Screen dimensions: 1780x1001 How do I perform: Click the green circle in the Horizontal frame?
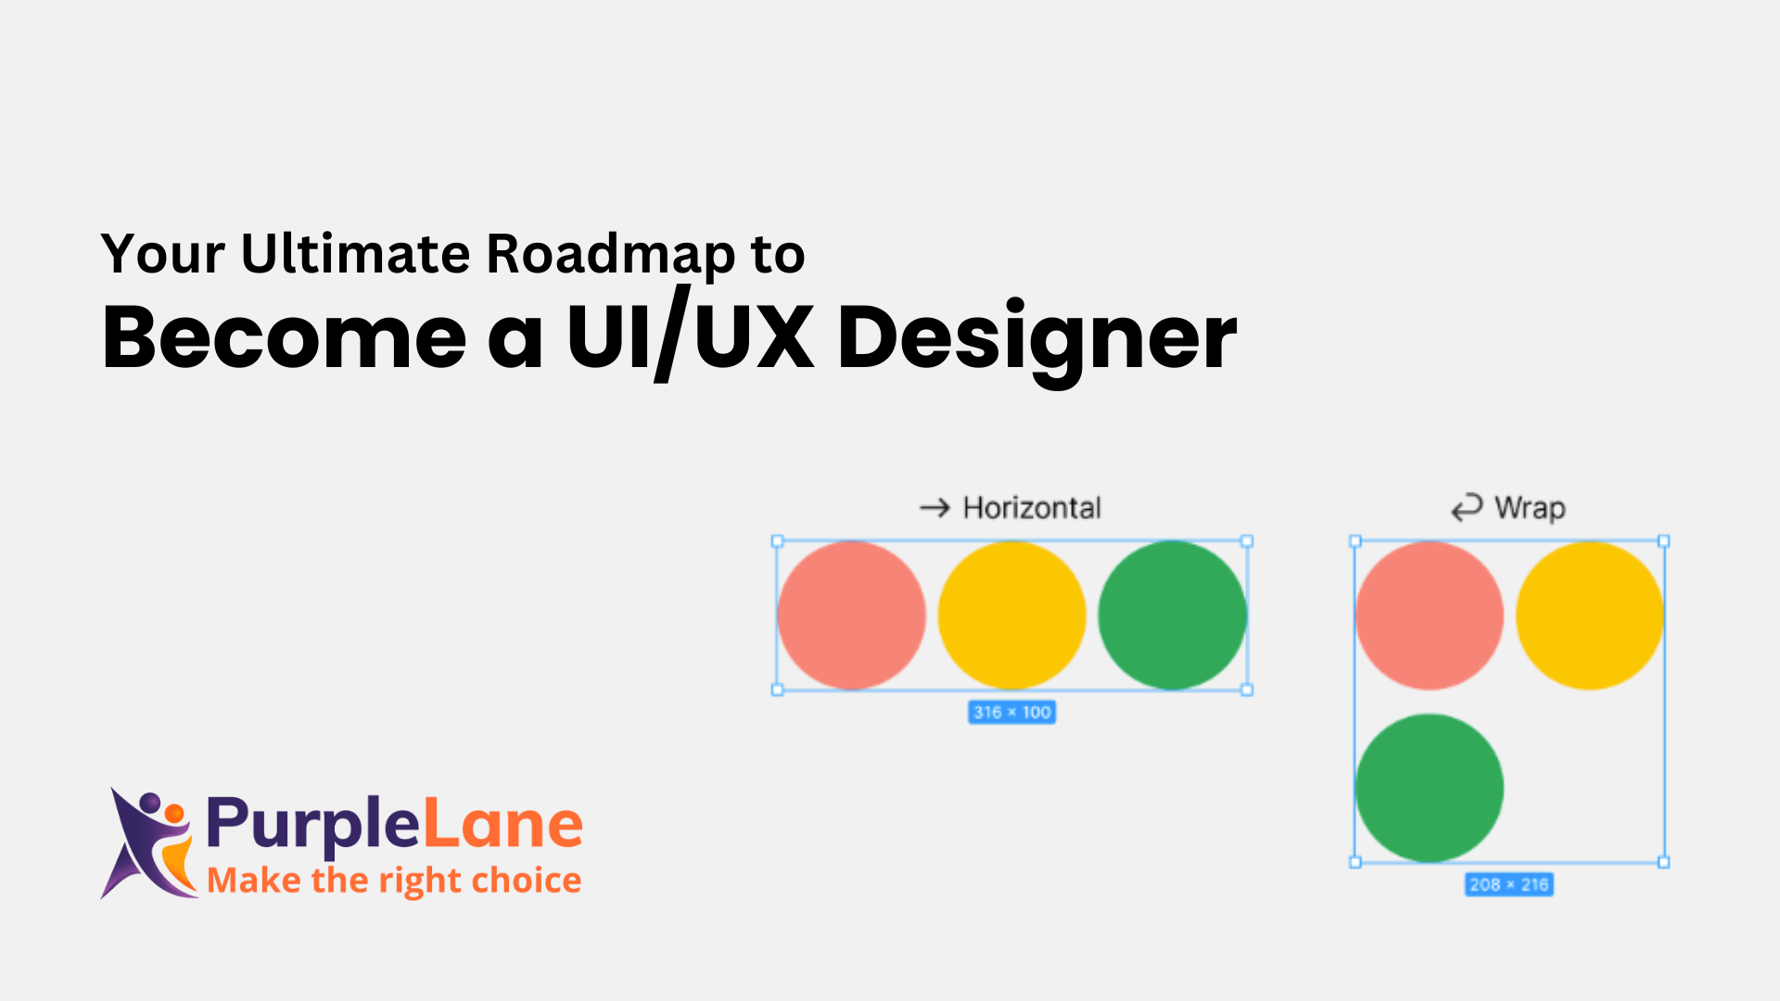pyautogui.click(x=1173, y=615)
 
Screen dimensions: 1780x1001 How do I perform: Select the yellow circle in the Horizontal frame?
pyautogui.click(x=1012, y=615)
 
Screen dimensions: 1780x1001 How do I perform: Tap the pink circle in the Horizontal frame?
pyautogui.click(x=852, y=615)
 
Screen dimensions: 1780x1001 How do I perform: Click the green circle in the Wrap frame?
pyautogui.click(x=1430, y=788)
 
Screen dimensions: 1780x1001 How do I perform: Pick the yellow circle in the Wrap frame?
pyautogui.click(x=1590, y=615)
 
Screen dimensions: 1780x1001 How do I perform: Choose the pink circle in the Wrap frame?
pyautogui.click(x=1430, y=615)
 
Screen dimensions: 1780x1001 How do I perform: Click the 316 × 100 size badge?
pyautogui.click(x=1011, y=712)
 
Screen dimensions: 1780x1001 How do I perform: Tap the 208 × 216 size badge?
pyautogui.click(x=1509, y=884)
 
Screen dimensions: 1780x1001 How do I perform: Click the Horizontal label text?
pyautogui.click(x=1032, y=508)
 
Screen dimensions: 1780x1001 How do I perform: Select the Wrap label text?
pyautogui.click(x=1530, y=509)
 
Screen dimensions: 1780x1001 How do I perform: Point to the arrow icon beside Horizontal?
pyautogui.click(x=934, y=508)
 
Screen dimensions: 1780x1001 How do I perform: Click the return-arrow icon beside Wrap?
pyautogui.click(x=1467, y=508)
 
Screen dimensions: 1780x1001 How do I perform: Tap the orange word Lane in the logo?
pyautogui.click(x=502, y=823)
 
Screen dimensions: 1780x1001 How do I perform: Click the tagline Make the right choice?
pyautogui.click(x=394, y=881)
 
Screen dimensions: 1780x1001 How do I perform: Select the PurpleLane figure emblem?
pyautogui.click(x=148, y=843)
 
